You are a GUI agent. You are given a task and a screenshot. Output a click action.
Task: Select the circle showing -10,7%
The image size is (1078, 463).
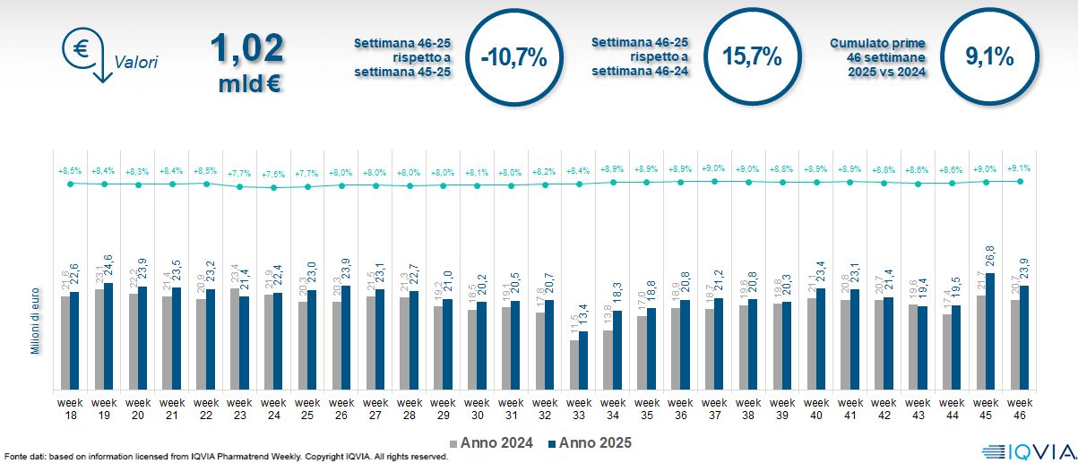click(513, 58)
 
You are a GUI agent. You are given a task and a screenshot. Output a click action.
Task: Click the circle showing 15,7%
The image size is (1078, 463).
click(752, 56)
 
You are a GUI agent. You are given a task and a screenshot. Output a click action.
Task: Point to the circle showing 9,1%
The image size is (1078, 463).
click(989, 56)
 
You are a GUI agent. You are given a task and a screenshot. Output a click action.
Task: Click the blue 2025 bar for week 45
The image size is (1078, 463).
click(990, 331)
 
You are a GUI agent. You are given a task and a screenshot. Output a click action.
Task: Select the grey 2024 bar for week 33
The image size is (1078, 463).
click(574, 365)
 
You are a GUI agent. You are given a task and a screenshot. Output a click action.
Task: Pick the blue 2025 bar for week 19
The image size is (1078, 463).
click(108, 337)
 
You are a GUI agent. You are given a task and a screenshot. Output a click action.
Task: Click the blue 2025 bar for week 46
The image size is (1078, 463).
click(1023, 338)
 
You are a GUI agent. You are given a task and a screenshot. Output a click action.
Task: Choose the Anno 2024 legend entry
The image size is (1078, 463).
click(492, 442)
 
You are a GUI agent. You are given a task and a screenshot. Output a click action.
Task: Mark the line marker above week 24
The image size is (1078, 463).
click(273, 187)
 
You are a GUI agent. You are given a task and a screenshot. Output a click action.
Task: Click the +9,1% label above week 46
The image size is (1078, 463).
click(1019, 168)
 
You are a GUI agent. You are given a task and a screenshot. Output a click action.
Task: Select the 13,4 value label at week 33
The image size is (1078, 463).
click(583, 317)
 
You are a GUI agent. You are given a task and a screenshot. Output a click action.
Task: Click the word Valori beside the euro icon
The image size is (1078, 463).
click(136, 63)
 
